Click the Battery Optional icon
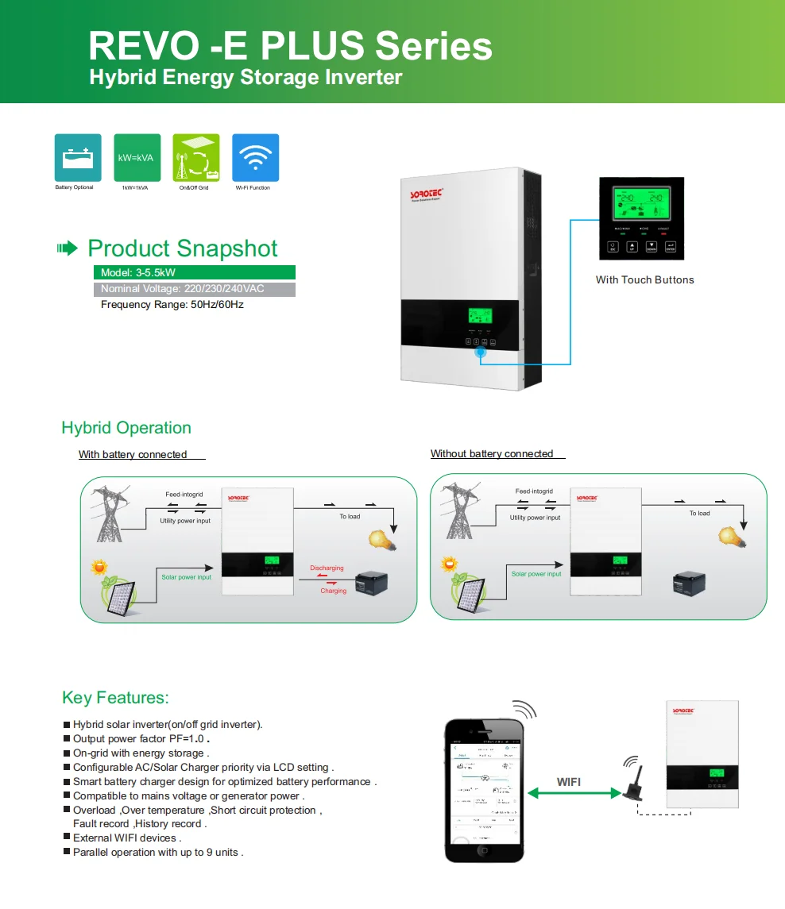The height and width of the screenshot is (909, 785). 77,157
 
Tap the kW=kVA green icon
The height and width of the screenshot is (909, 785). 137,157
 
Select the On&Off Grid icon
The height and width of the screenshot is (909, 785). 195,157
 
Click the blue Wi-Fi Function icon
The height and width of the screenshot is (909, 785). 255,157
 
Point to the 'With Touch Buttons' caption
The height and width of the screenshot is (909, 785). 644,279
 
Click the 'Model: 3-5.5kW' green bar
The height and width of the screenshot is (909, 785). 194,272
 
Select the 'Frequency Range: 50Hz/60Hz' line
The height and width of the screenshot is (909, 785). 172,304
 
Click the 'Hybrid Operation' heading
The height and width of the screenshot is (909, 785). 126,428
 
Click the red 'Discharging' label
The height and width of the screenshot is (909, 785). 327,568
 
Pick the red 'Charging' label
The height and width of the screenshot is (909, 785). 333,591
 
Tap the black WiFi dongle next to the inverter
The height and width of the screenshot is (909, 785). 636,789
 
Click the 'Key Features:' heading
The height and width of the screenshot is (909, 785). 115,698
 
